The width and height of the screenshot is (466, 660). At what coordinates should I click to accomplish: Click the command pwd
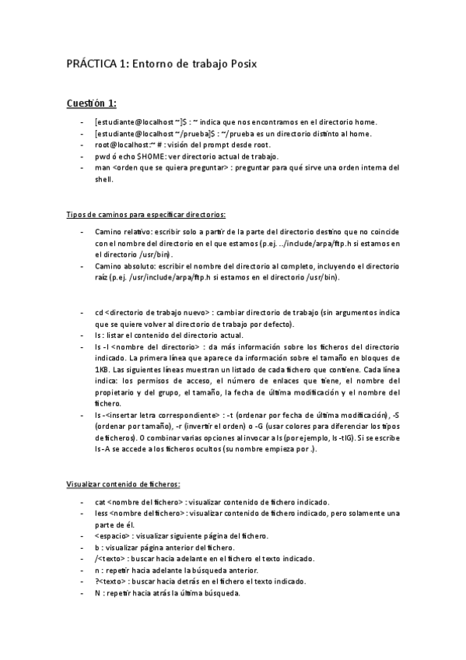[x=101, y=156]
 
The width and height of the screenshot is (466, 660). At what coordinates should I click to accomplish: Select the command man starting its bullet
[x=101, y=167]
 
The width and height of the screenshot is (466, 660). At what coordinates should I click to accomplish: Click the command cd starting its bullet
[x=98, y=312]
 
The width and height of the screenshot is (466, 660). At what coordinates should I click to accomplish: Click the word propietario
[x=113, y=391]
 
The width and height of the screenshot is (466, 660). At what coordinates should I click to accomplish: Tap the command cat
[x=100, y=502]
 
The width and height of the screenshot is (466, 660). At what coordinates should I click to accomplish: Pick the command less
[x=101, y=513]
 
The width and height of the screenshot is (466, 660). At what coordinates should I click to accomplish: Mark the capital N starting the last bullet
[x=96, y=593]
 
